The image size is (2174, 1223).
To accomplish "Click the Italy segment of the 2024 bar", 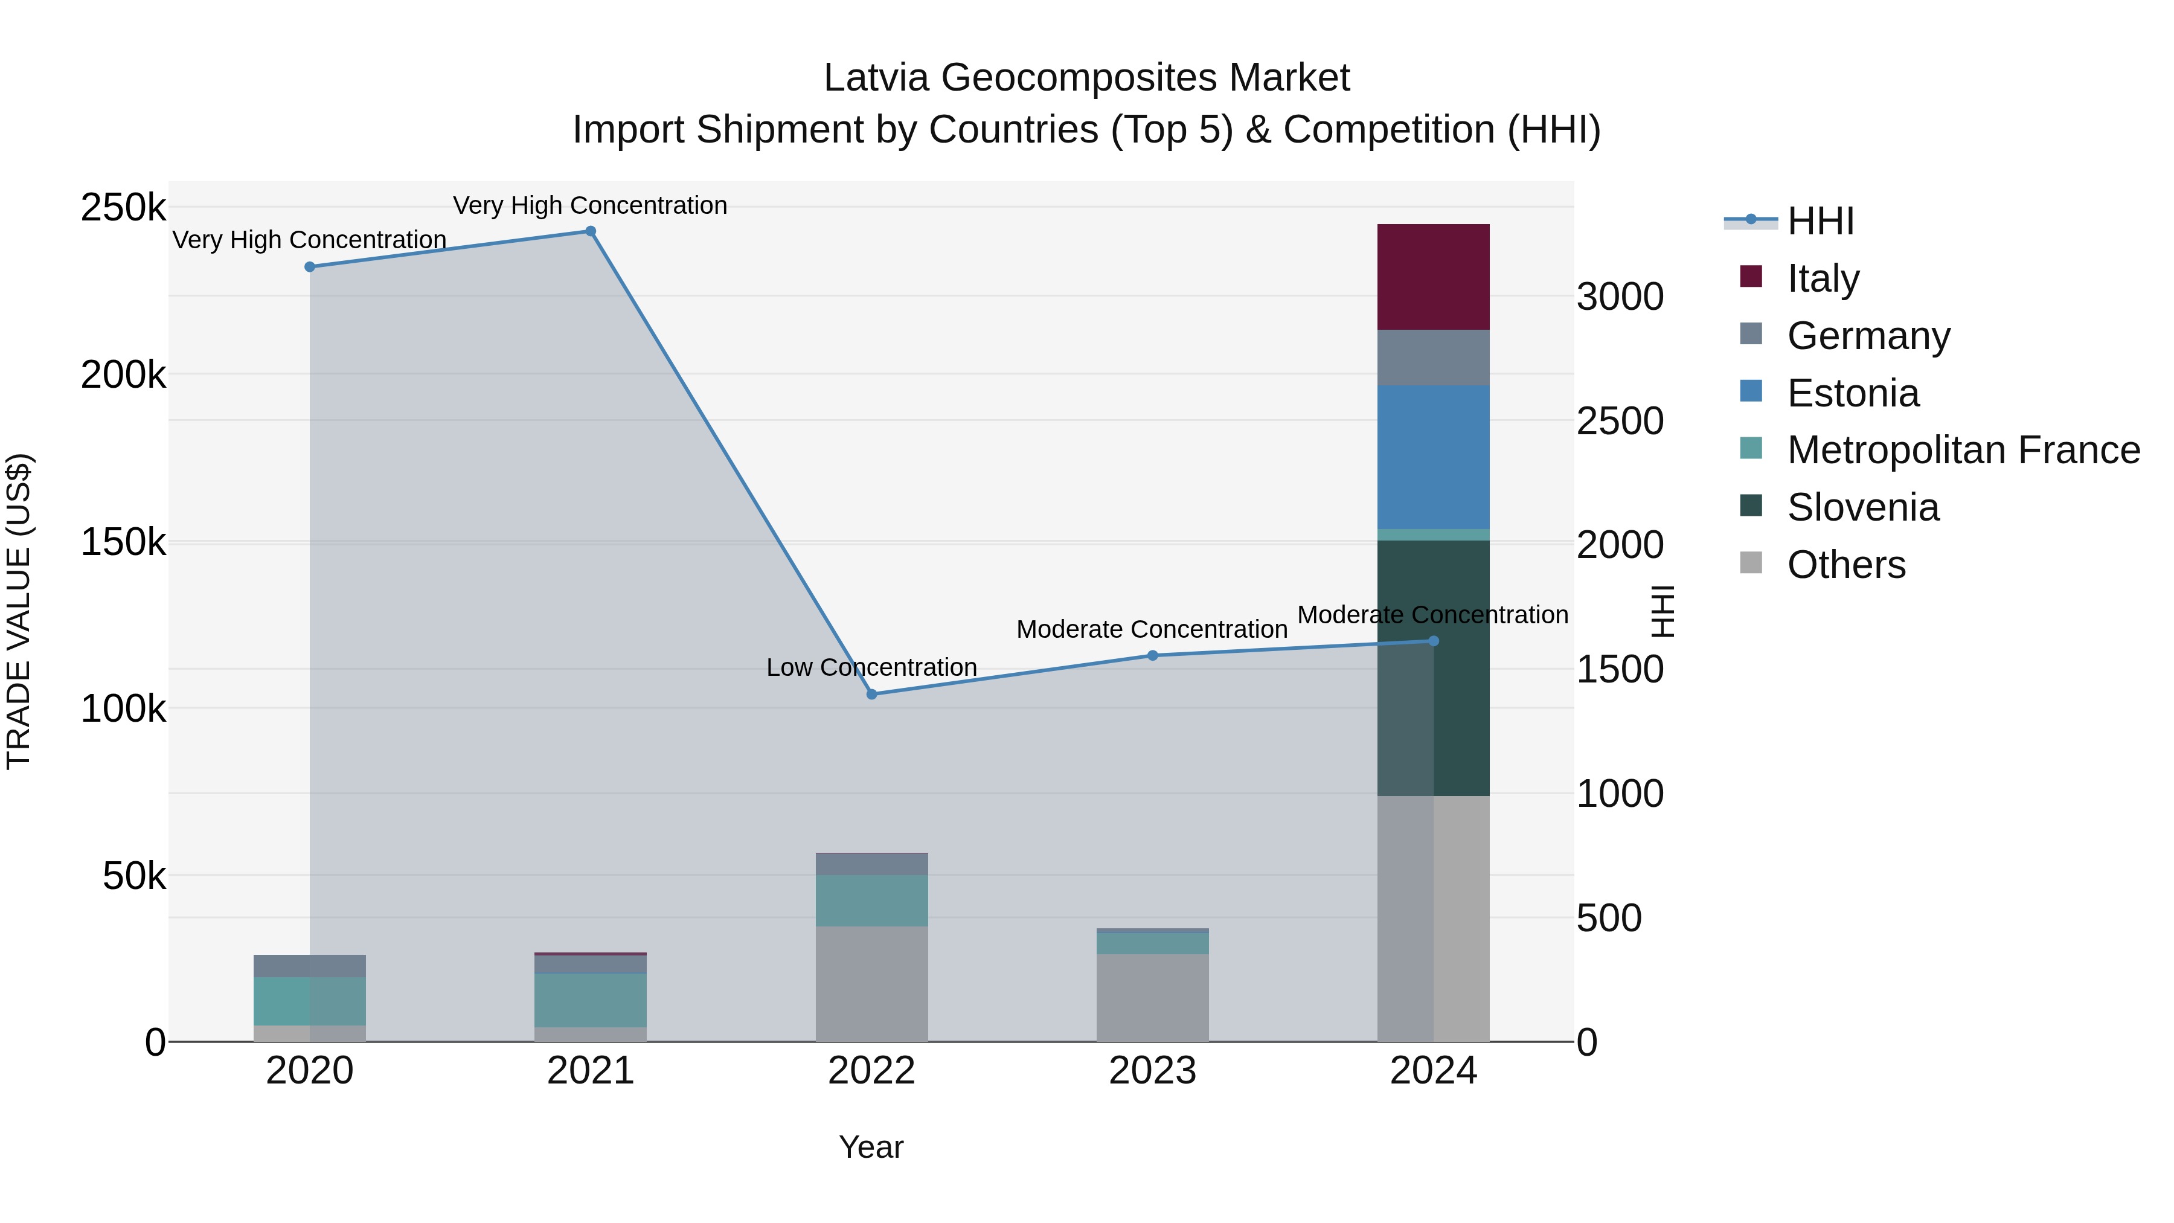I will pyautogui.click(x=1433, y=277).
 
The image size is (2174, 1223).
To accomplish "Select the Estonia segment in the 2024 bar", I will pyautogui.click(x=1433, y=457).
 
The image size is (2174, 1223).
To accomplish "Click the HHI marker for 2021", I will pyautogui.click(x=591, y=231).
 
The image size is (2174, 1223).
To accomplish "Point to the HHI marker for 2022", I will pyautogui.click(x=872, y=694).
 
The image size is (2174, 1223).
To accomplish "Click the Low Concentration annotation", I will pyautogui.click(x=872, y=667).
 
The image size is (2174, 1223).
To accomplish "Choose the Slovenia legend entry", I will pyautogui.click(x=1862, y=507).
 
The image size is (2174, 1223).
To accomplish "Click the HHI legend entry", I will pyautogui.click(x=1820, y=221).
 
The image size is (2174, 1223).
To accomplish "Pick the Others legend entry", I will pyautogui.click(x=1845, y=565).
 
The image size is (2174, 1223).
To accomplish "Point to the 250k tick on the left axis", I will pyautogui.click(x=123, y=208).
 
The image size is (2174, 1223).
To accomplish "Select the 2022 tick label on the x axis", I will pyautogui.click(x=872, y=1071).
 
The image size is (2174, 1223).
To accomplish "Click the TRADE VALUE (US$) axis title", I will pyautogui.click(x=19, y=611).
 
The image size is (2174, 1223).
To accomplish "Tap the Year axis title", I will pyautogui.click(x=871, y=1147).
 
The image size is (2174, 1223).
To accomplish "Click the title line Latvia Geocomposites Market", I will pyautogui.click(x=1086, y=78).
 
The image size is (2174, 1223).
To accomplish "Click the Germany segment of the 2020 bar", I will pyautogui.click(x=310, y=966).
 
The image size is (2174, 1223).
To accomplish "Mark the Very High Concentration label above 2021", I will pyautogui.click(x=590, y=205).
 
